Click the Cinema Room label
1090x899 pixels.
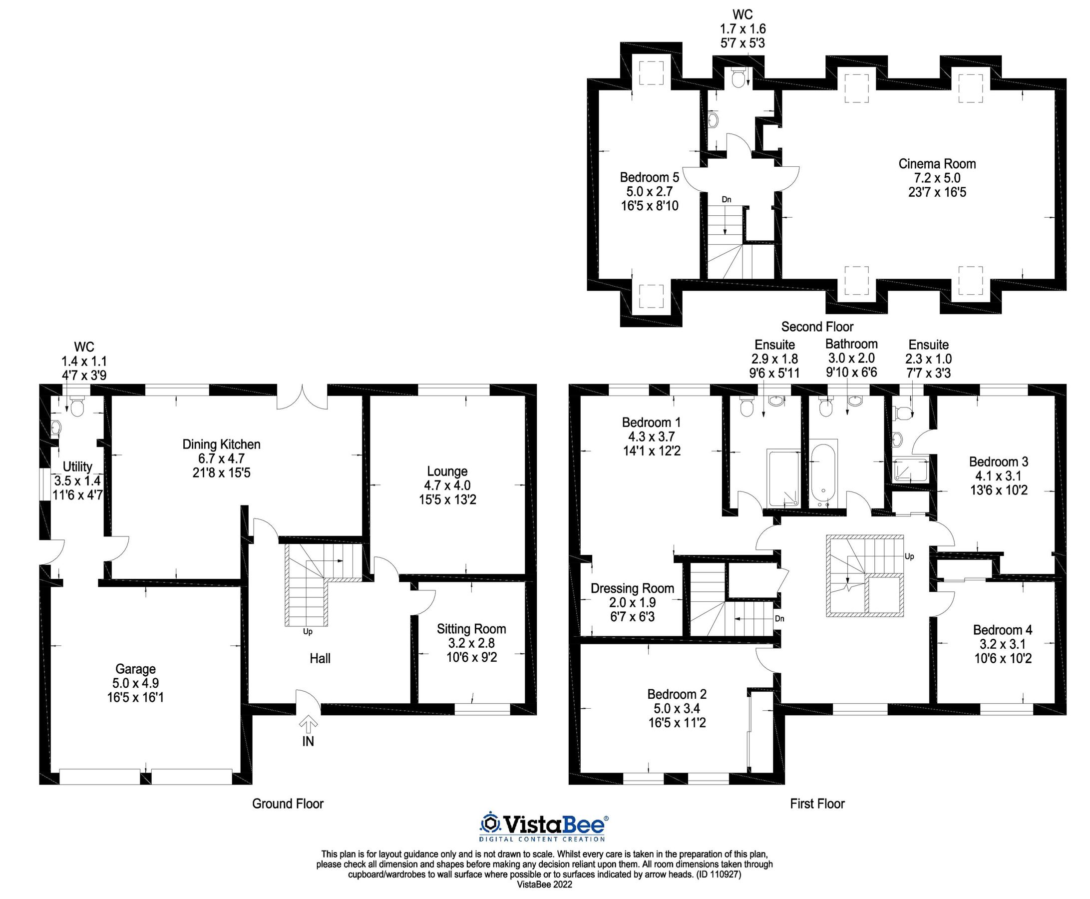coord(937,164)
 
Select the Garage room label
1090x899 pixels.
coord(135,669)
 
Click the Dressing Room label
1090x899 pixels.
coord(632,588)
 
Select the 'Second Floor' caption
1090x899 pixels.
coord(816,327)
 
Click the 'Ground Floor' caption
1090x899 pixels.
coord(288,804)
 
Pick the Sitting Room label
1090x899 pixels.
coord(471,629)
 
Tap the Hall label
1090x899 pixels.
coord(320,659)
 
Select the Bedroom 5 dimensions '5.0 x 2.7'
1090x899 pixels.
coord(649,192)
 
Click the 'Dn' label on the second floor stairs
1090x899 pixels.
coord(727,199)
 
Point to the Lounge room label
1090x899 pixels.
coord(447,471)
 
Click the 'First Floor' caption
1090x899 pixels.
coord(816,804)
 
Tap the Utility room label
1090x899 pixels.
coord(78,466)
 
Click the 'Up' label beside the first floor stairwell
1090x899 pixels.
coord(909,557)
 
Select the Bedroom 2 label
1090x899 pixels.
coord(676,694)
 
